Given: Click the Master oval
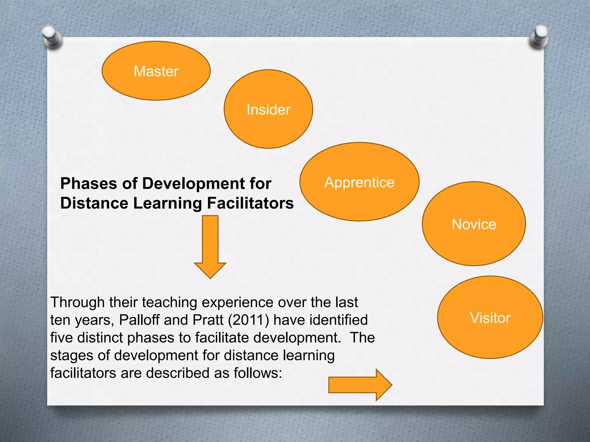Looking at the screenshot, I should click(156, 71).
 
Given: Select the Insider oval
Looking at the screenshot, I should click(268, 109).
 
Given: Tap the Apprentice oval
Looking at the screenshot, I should click(359, 182).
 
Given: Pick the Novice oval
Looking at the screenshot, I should click(474, 224).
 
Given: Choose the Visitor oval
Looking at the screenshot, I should click(490, 317).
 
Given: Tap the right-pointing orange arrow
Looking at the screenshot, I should click(360, 385).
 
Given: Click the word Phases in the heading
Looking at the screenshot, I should click(89, 184).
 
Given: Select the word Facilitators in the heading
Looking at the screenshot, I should click(250, 203).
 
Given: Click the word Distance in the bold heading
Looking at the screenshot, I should click(94, 203).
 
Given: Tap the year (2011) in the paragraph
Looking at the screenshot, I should click(248, 320).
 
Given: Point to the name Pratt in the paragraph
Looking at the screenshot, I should click(208, 320).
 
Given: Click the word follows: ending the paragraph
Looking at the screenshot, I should click(258, 373).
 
